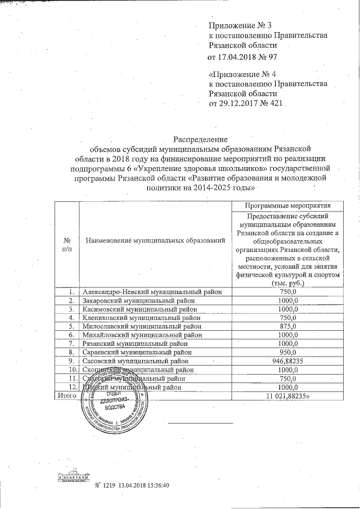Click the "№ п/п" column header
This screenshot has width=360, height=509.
point(67,244)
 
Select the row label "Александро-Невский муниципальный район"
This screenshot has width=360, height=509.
point(152,292)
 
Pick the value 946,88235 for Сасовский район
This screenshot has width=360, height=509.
point(287,361)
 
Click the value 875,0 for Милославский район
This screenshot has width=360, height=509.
point(287,326)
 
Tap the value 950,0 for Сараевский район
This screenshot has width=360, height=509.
point(287,352)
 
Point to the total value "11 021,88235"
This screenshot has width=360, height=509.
point(288,397)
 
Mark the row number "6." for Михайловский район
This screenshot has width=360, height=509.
point(71,335)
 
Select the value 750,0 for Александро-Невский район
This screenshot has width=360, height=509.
point(287,292)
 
